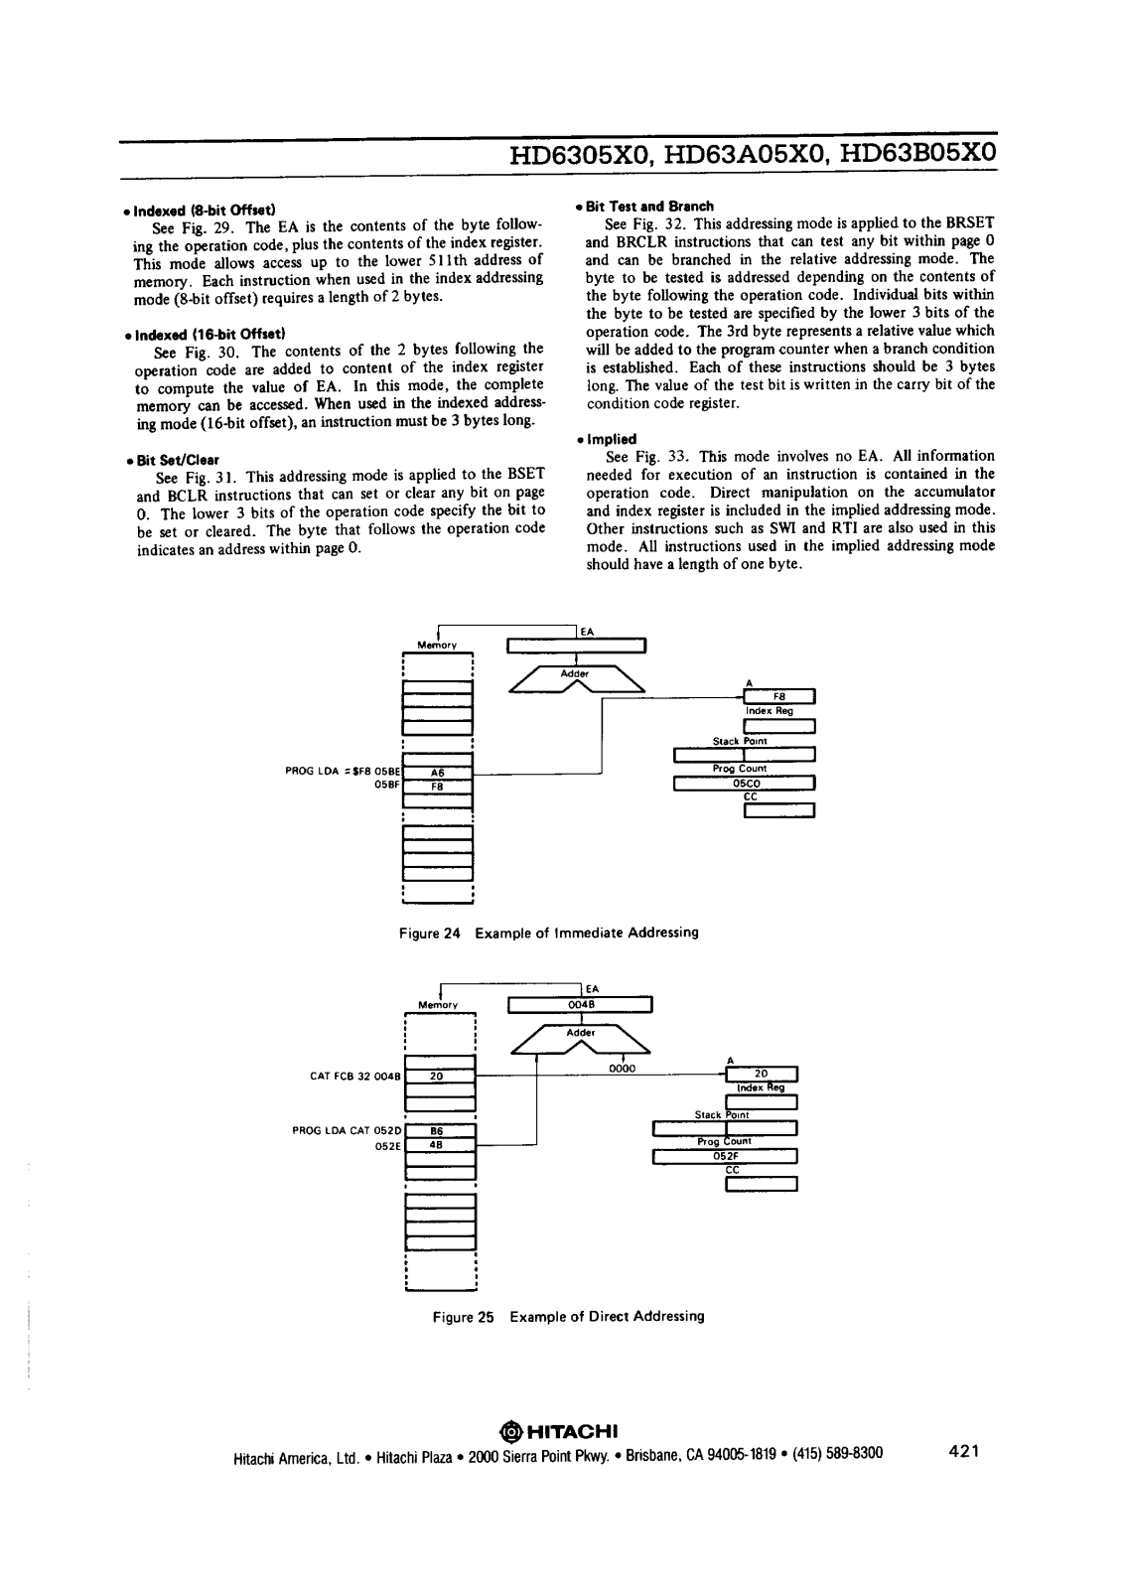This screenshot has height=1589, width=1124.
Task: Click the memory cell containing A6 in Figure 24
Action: click(437, 772)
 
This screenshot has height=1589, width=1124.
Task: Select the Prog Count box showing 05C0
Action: click(745, 783)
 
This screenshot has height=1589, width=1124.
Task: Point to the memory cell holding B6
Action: click(437, 1130)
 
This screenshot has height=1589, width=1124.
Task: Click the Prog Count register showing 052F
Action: click(725, 1155)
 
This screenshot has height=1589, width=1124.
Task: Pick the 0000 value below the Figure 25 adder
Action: click(622, 1070)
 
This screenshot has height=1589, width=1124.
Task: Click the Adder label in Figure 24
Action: click(575, 673)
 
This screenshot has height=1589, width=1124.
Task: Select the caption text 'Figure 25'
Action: click(463, 1316)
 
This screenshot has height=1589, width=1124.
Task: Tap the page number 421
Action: click(964, 1452)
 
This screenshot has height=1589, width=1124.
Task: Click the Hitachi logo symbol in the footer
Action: click(510, 1431)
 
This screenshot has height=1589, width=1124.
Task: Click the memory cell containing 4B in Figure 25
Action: click(437, 1144)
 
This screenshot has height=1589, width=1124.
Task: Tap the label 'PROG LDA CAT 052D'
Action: click(347, 1130)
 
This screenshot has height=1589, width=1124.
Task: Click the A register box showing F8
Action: click(779, 696)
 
